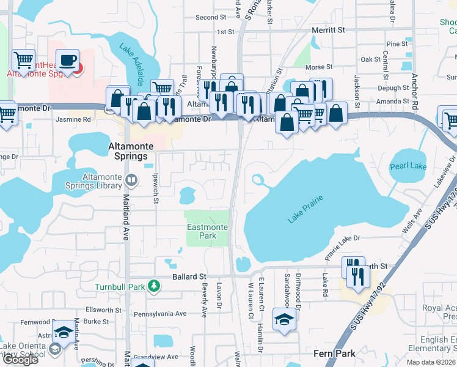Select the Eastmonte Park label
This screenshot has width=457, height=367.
coord(208,231)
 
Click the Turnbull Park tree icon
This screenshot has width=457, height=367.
coord(155,286)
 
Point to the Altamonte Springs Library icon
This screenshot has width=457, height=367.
coord(131,180)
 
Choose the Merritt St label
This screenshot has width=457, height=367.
coord(328,29)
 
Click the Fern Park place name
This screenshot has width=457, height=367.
coord(334,354)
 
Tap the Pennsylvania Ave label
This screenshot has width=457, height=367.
coord(164,314)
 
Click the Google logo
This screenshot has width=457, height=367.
coord(20,360)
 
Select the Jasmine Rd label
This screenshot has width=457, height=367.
coord(73,119)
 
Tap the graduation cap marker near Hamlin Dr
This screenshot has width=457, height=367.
coord(283,319)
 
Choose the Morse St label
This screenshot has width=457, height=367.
coord(320,67)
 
